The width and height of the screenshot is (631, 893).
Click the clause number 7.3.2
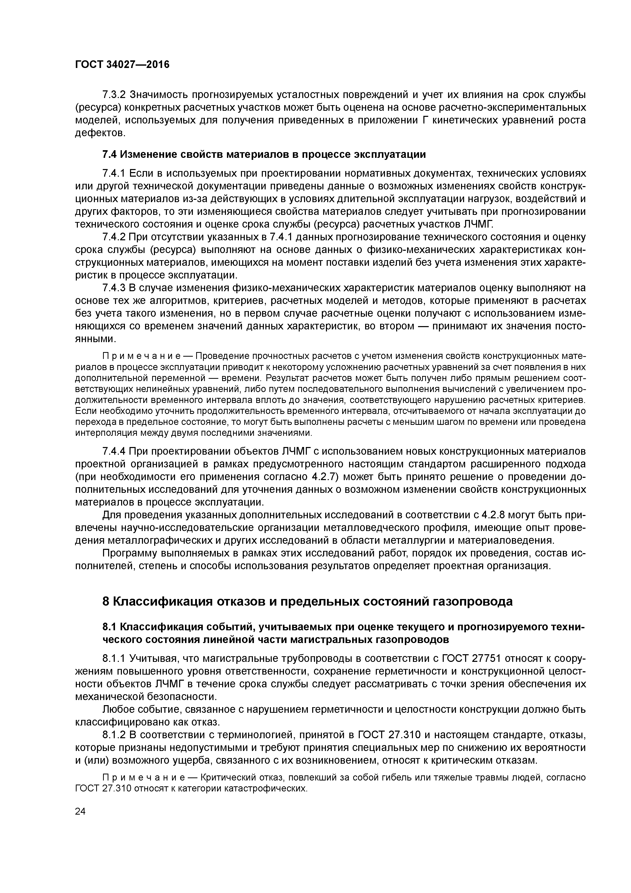114,94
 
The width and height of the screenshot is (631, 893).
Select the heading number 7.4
109,155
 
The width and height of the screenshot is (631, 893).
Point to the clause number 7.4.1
114,173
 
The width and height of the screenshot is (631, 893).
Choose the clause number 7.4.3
114,288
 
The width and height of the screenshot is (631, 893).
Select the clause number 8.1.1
114,658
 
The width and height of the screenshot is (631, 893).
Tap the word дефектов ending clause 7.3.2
99,133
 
